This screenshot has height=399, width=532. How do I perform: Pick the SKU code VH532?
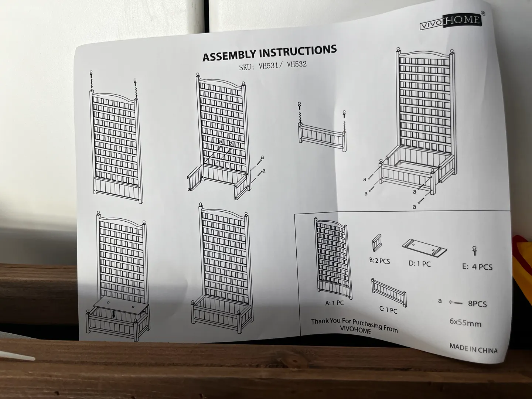click(297, 65)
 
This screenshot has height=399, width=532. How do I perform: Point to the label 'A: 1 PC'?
click(334, 303)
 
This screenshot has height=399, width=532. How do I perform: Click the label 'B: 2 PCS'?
click(379, 261)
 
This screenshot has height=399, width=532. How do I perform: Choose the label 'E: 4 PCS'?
click(477, 267)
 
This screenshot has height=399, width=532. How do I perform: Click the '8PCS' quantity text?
click(477, 304)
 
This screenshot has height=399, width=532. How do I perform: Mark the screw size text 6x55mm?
click(465, 323)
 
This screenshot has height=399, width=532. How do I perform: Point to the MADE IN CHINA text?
click(473, 349)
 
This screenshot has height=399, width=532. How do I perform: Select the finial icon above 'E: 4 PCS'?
click(474, 251)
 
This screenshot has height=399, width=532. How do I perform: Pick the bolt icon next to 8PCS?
click(456, 303)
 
